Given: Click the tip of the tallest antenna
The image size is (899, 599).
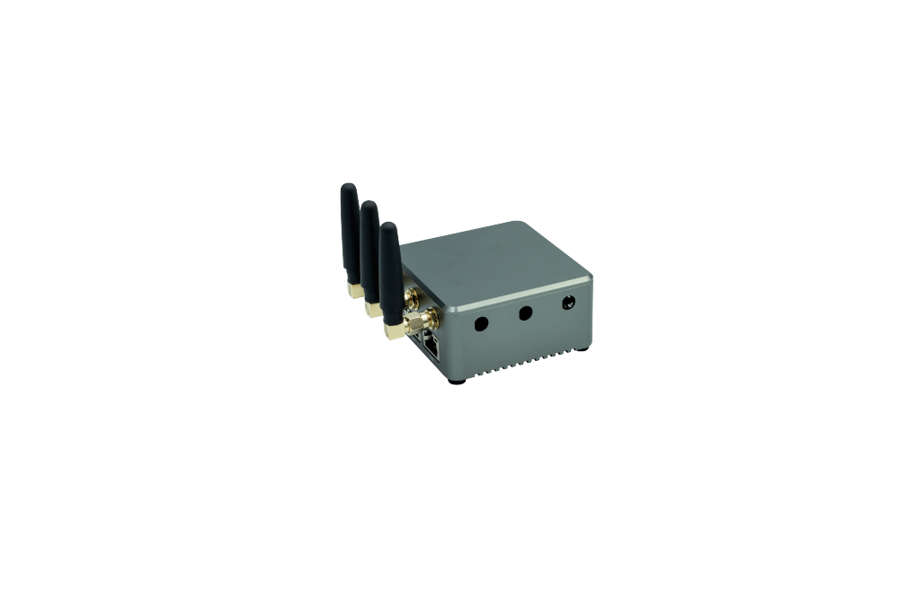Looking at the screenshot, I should tap(348, 187).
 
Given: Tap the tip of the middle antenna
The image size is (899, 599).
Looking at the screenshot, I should tap(367, 205).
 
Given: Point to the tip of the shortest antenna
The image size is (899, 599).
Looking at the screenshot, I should tap(387, 225).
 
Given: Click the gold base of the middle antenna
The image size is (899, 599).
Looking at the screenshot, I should tap(372, 309).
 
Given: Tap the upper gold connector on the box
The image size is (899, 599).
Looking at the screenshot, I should tap(412, 296).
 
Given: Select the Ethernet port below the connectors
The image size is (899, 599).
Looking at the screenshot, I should tap(433, 344).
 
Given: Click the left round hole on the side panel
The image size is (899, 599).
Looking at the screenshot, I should tap(481, 322).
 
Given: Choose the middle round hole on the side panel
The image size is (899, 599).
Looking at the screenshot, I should tap(525, 313).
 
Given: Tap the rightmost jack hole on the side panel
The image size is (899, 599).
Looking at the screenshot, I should tap(568, 304).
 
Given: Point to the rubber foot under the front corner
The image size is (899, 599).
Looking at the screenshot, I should tap(458, 381).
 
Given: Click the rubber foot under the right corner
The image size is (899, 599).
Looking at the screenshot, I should tap(585, 349).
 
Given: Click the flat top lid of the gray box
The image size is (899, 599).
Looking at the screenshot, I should tap(494, 260).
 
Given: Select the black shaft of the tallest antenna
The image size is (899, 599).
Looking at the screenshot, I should tap(350, 233).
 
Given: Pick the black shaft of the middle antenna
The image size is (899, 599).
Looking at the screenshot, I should tap(369, 251).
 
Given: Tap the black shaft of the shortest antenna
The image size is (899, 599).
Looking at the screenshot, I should tap(389, 269).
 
